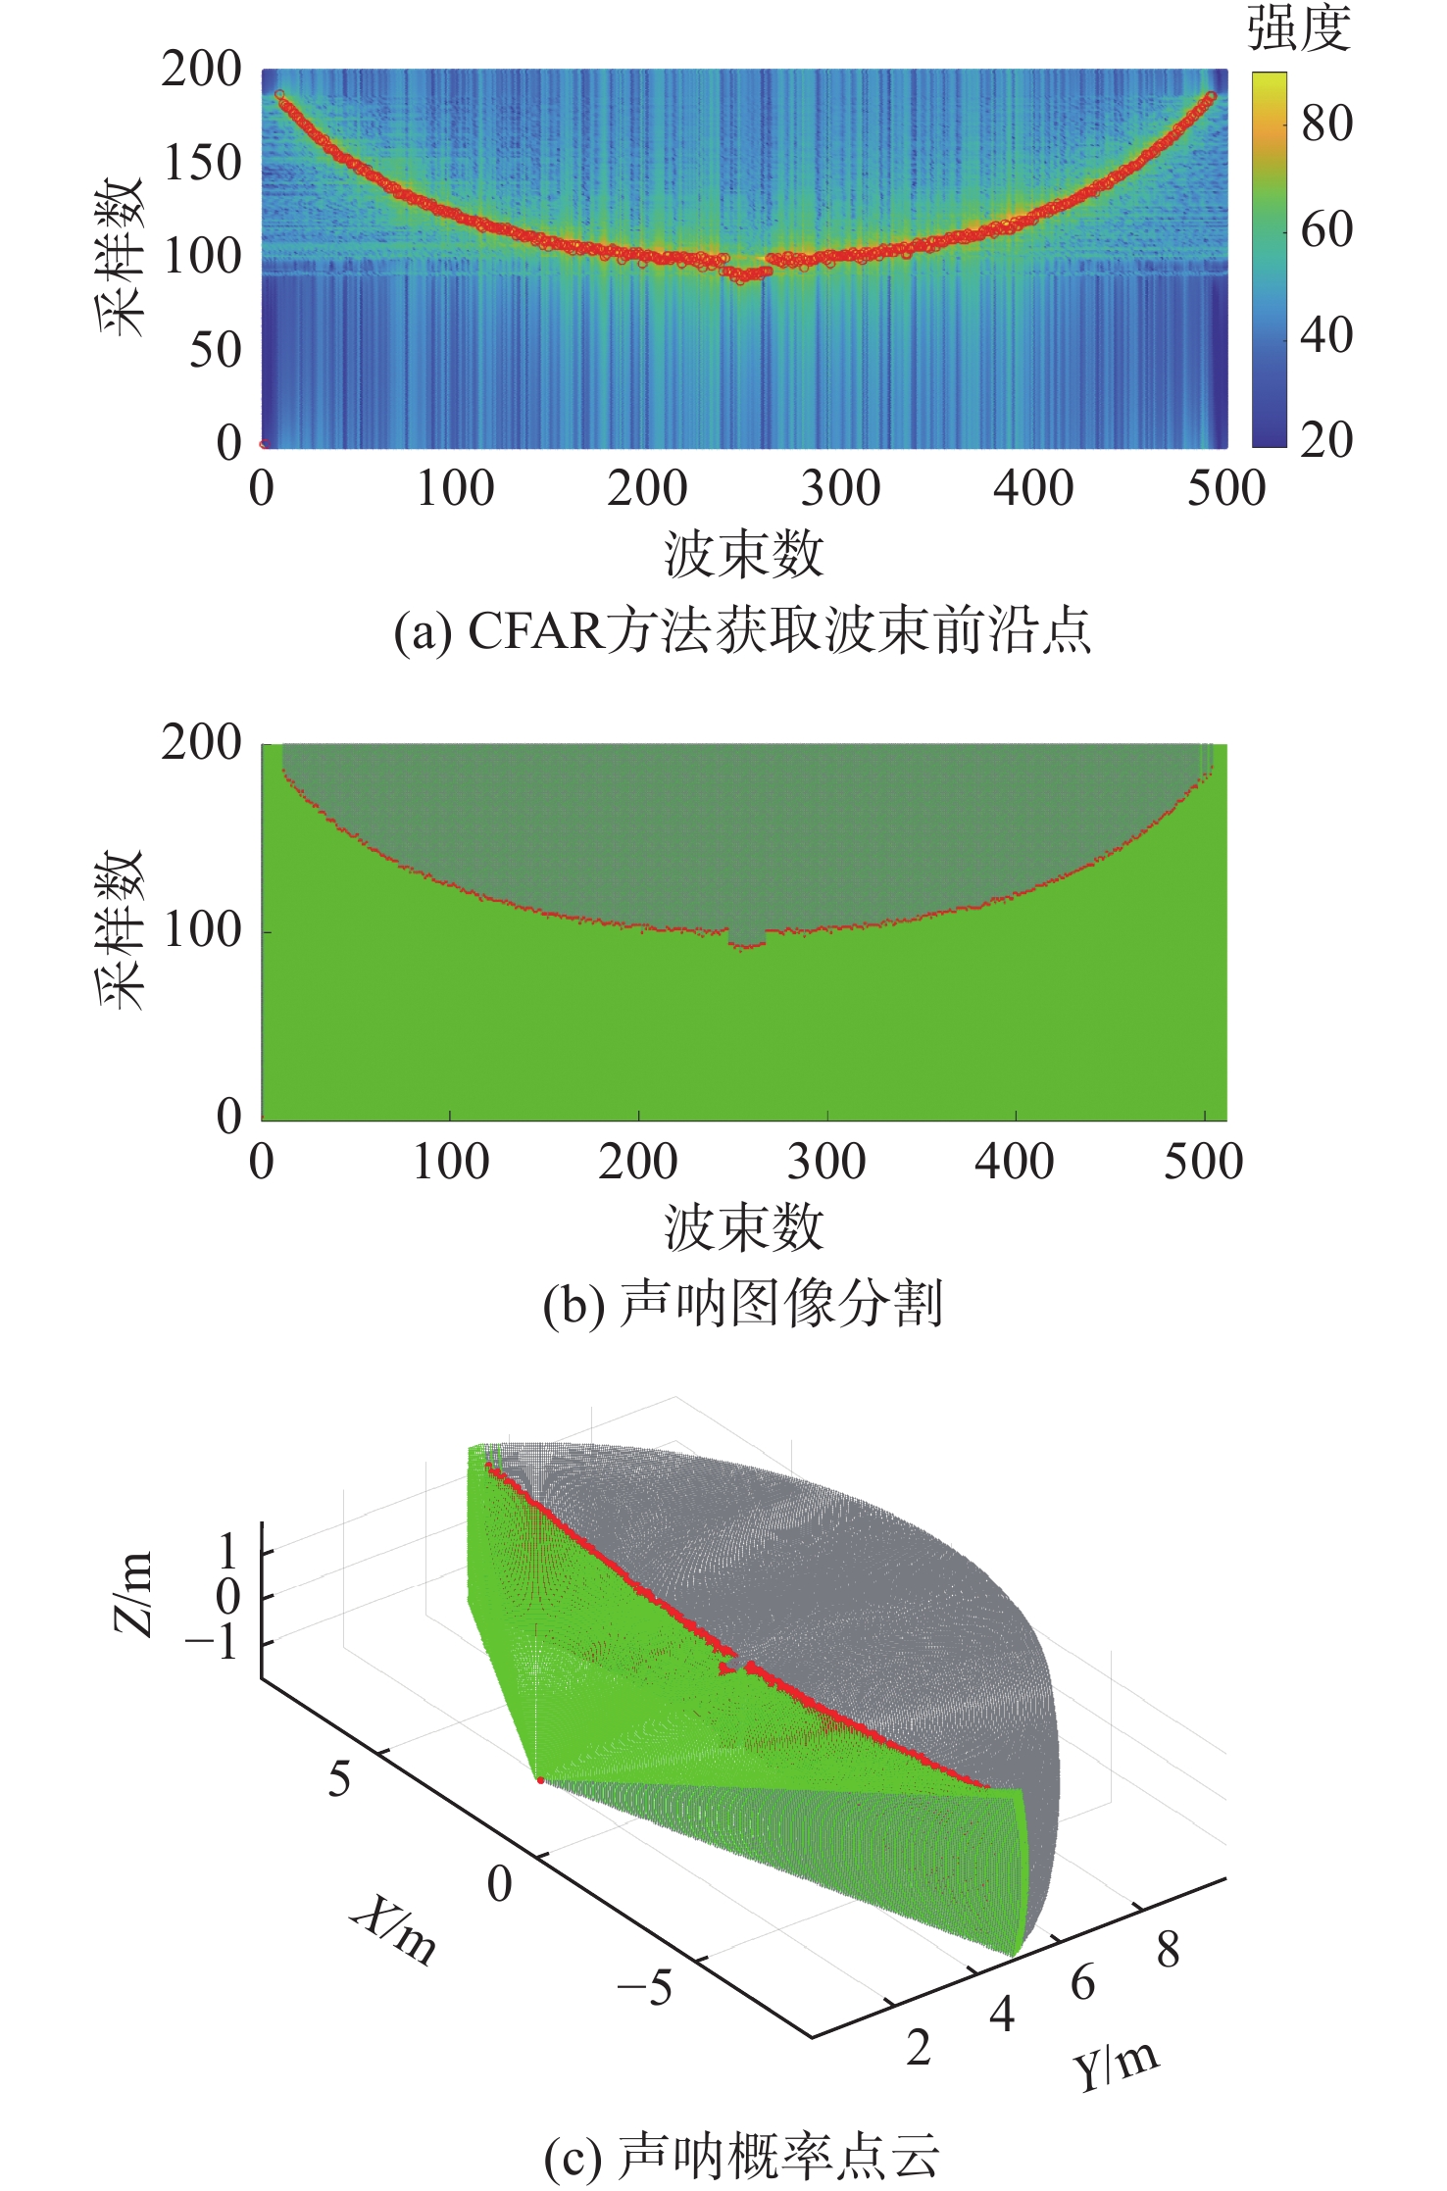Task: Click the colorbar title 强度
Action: click(1298, 27)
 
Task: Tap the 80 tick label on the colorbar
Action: click(1326, 124)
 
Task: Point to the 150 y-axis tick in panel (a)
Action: click(202, 163)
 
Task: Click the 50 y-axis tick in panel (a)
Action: click(215, 350)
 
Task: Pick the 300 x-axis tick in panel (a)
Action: click(840, 488)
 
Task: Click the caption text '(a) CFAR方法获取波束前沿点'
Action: click(742, 630)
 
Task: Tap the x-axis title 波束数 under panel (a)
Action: click(743, 555)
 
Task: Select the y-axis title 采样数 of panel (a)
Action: click(122, 257)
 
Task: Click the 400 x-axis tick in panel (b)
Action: click(1014, 1162)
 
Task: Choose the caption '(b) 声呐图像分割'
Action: click(742, 1305)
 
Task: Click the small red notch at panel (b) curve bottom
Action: click(747, 946)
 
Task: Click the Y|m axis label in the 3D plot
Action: click(1116, 2067)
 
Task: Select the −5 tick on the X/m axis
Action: click(644, 1987)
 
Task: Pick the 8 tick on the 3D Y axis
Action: click(1167, 1951)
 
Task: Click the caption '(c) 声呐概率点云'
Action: click(742, 2157)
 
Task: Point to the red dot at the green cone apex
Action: click(540, 1779)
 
